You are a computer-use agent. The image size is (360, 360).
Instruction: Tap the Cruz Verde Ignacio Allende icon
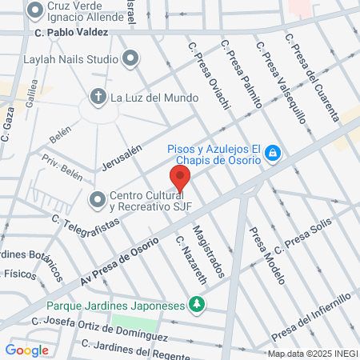point(34,10)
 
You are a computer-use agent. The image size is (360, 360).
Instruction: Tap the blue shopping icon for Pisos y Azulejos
point(273,152)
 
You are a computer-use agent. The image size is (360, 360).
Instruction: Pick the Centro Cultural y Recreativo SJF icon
point(98,198)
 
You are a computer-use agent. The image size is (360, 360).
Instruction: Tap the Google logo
point(26,350)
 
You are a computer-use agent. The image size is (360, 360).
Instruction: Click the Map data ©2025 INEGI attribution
point(312,354)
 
